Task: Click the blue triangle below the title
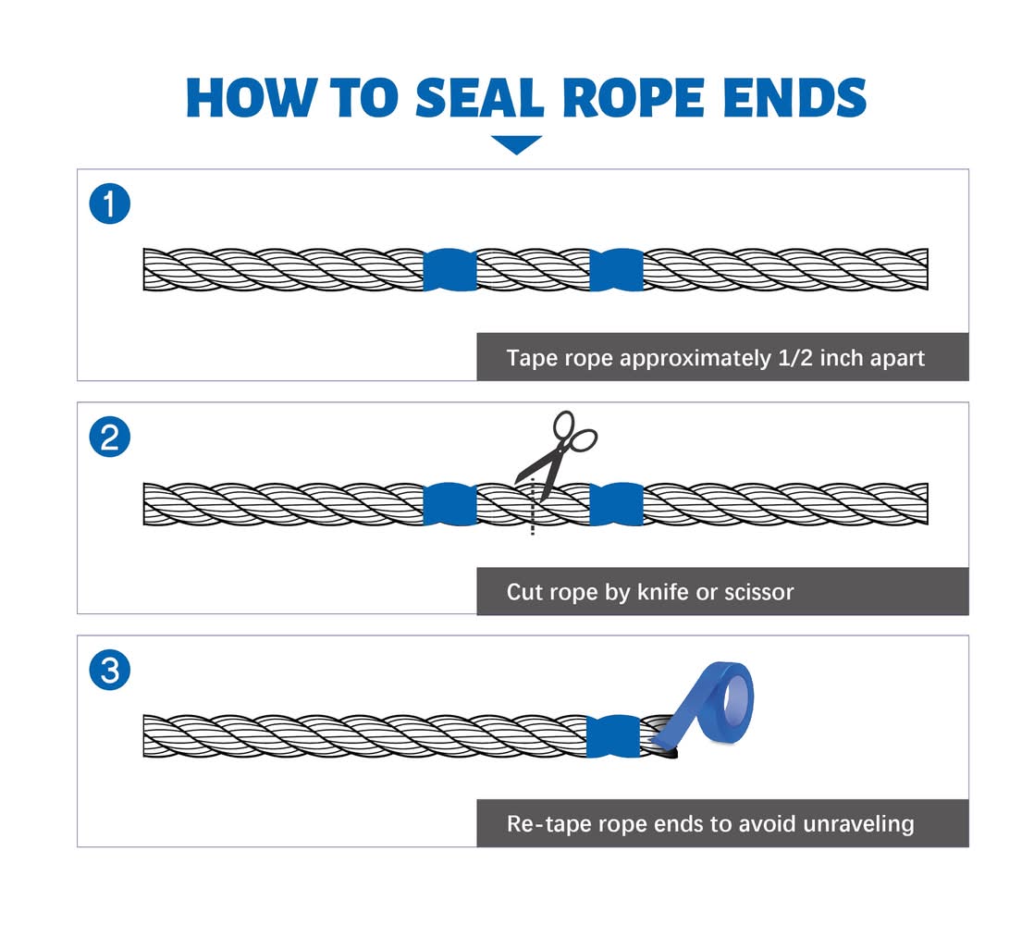(x=516, y=144)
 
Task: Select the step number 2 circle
(x=109, y=438)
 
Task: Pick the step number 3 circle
(x=109, y=671)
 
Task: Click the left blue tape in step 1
(x=449, y=269)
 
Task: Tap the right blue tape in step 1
(x=616, y=269)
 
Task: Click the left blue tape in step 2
(x=449, y=504)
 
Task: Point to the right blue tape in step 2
(x=616, y=504)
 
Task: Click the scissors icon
(x=556, y=450)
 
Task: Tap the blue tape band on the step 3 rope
(x=612, y=735)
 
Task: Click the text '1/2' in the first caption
(x=793, y=358)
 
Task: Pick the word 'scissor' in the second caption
(x=757, y=591)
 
